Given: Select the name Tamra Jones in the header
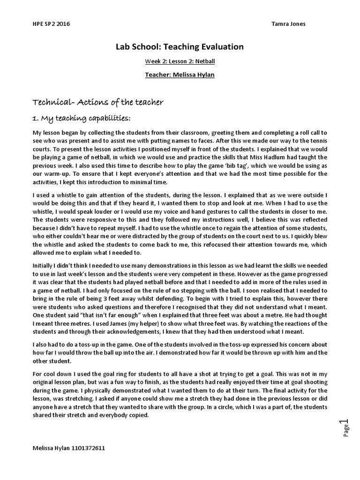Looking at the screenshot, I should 288,24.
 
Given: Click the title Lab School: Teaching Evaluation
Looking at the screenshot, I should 180,47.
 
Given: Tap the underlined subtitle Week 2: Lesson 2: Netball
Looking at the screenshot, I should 180,61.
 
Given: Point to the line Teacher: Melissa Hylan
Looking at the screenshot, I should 180,75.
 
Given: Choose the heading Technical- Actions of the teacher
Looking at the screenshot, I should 97,102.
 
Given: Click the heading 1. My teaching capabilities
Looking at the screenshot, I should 82,117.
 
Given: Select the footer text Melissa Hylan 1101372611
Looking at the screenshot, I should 68,448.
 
